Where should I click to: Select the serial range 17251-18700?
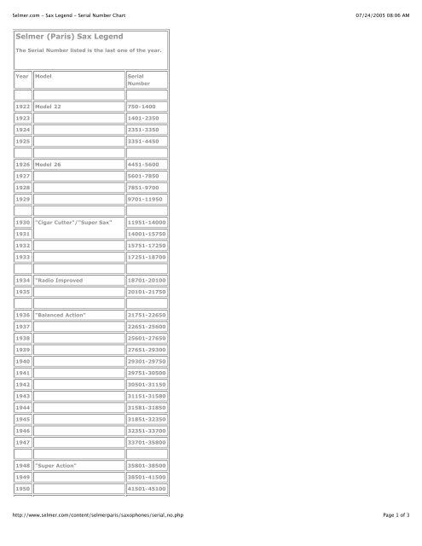(x=147, y=291)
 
